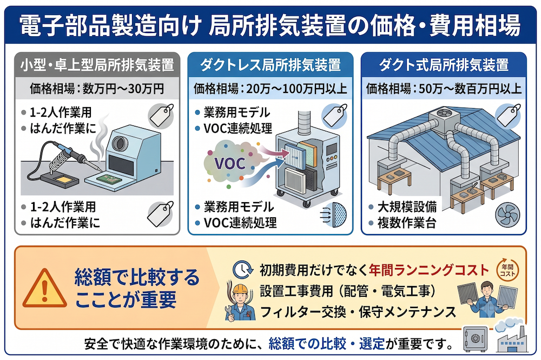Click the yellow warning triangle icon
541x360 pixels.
click(44, 290)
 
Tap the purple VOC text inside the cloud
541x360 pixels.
click(230, 163)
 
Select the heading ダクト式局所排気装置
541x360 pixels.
click(444, 65)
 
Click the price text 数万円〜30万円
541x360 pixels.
click(123, 89)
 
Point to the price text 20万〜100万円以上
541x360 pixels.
click(296, 89)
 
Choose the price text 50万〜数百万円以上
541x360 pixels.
click(470, 89)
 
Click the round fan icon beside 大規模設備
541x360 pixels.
click(507, 215)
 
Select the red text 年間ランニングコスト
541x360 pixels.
click(429, 270)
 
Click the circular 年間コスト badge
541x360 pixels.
click(507, 270)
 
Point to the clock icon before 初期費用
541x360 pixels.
click(242, 269)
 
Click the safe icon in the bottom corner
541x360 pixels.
click(476, 339)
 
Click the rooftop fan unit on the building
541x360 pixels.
click(444, 118)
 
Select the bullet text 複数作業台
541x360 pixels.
click(407, 223)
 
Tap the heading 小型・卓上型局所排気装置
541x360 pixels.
click(97, 65)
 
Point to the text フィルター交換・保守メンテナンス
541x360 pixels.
click(358, 312)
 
